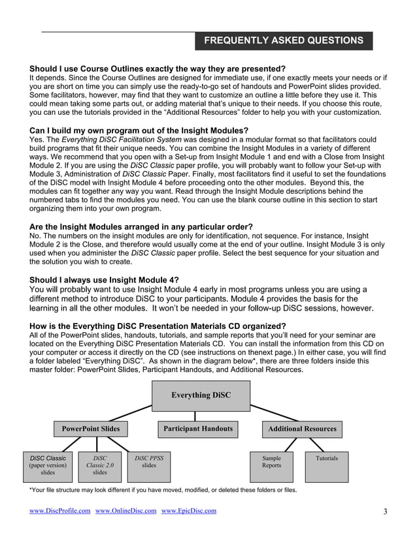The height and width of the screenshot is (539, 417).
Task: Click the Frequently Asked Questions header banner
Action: [x=284, y=40]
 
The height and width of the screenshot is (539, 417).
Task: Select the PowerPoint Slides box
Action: [x=90, y=429]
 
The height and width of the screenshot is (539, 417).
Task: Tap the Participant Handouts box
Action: [x=197, y=429]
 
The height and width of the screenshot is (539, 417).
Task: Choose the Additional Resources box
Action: [x=302, y=429]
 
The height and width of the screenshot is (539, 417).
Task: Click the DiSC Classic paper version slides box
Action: [x=48, y=466]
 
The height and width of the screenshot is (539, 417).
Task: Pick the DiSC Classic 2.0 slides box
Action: [x=100, y=466]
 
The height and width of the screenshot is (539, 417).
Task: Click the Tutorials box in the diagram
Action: [x=327, y=466]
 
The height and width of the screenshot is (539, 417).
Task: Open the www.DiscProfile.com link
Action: [x=60, y=511]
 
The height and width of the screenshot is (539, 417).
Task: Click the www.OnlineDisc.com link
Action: [x=126, y=511]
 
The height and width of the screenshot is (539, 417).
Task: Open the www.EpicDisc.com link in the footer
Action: [x=188, y=511]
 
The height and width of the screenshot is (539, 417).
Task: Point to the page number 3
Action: [x=385, y=512]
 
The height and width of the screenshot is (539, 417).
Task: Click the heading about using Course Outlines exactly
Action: [x=158, y=69]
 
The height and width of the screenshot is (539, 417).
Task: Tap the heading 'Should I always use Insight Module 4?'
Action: [x=104, y=279]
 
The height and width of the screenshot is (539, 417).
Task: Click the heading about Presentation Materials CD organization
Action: [x=158, y=326]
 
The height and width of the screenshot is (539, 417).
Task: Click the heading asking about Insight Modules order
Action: [x=141, y=226]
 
